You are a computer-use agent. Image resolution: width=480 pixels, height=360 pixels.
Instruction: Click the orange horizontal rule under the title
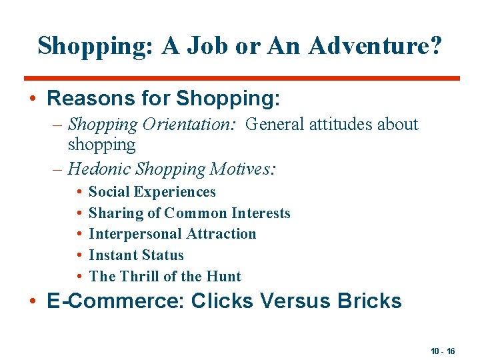click(241, 78)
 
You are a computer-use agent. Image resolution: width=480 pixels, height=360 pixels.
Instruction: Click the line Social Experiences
click(152, 192)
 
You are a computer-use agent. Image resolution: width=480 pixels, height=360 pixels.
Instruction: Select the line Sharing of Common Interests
click(189, 213)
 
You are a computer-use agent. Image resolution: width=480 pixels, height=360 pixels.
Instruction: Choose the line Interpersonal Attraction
click(172, 234)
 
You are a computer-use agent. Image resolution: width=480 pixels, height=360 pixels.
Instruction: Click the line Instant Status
click(136, 255)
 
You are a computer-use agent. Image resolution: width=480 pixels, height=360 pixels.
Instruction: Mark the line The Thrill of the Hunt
click(165, 277)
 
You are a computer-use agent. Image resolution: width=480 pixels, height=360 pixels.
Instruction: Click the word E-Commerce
click(116, 301)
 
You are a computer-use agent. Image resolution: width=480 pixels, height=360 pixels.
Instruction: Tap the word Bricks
click(369, 301)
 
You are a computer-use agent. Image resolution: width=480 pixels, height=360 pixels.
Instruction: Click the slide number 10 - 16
click(443, 351)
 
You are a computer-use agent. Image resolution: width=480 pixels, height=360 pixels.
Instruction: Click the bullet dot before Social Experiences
click(79, 192)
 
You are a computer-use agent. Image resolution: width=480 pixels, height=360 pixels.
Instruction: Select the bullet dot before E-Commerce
click(33, 301)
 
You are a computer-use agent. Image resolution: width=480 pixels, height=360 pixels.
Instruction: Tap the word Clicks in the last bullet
click(221, 301)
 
